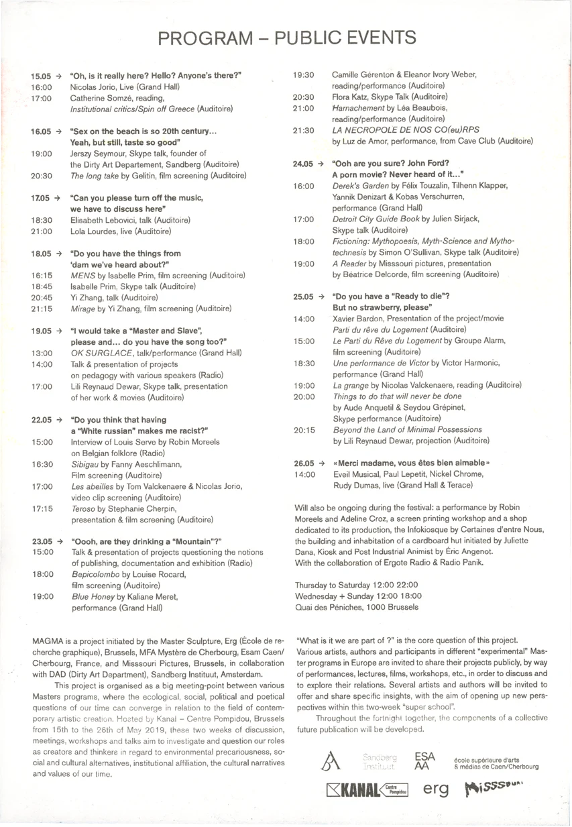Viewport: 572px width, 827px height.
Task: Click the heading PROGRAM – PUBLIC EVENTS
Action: pyautogui.click(x=286, y=38)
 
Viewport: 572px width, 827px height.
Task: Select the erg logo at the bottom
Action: pyautogui.click(x=436, y=789)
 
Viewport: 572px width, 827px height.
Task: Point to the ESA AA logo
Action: pyautogui.click(x=425, y=760)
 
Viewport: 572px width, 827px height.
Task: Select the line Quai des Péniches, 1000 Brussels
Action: pyautogui.click(x=357, y=607)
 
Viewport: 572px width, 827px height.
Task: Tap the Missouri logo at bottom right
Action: pyautogui.click(x=494, y=789)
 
